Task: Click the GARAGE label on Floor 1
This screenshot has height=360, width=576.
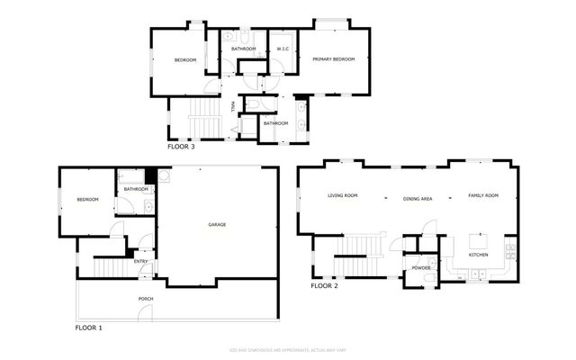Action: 217,224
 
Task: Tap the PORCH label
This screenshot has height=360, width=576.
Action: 145,298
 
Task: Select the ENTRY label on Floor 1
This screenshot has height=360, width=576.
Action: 141,262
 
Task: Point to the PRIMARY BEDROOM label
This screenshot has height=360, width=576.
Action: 333,59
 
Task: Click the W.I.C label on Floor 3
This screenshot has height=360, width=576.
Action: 283,49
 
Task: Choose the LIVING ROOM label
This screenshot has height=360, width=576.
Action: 342,196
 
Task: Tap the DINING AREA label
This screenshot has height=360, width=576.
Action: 418,198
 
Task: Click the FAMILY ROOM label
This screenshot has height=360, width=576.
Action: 482,196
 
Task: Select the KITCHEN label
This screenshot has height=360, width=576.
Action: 478,256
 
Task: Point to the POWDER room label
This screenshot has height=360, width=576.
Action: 420,268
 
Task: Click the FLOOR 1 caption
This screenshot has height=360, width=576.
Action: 88,328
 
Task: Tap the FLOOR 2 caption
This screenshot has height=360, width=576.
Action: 324,286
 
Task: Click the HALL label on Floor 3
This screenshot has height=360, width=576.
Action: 233,107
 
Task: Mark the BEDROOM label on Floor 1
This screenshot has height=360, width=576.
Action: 87,200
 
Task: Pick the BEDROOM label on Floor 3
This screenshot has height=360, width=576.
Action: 185,60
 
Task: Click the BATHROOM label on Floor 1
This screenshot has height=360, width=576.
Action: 136,189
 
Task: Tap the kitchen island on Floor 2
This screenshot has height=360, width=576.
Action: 477,241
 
